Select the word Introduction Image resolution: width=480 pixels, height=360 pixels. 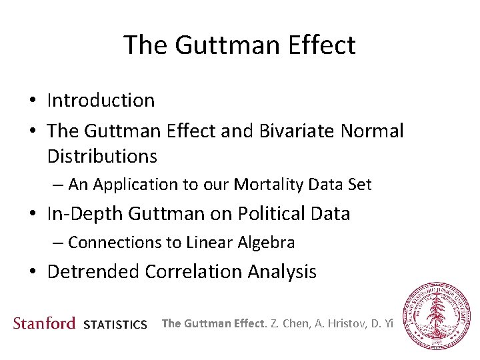101,100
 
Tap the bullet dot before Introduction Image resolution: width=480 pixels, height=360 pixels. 32,101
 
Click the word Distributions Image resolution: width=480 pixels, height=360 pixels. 102,157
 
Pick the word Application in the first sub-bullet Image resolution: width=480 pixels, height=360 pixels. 140,185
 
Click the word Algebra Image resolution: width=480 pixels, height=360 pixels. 268,242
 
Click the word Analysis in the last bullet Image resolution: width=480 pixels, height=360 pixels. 283,271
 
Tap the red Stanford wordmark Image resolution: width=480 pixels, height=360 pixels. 45,323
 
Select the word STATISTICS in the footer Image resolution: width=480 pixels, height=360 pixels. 115,325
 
